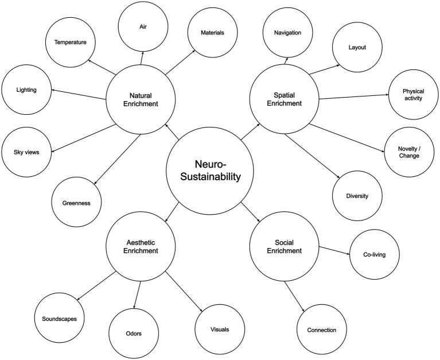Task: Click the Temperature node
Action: pyautogui.click(x=71, y=42)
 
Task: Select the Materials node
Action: pyautogui.click(x=212, y=32)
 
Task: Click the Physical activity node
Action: pyautogui.click(x=412, y=94)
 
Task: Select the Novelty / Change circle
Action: pyautogui.click(x=409, y=152)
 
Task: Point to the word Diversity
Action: pyautogui.click(x=357, y=196)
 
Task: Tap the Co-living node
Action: pyautogui.click(x=375, y=253)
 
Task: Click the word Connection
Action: pyautogui.click(x=321, y=330)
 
